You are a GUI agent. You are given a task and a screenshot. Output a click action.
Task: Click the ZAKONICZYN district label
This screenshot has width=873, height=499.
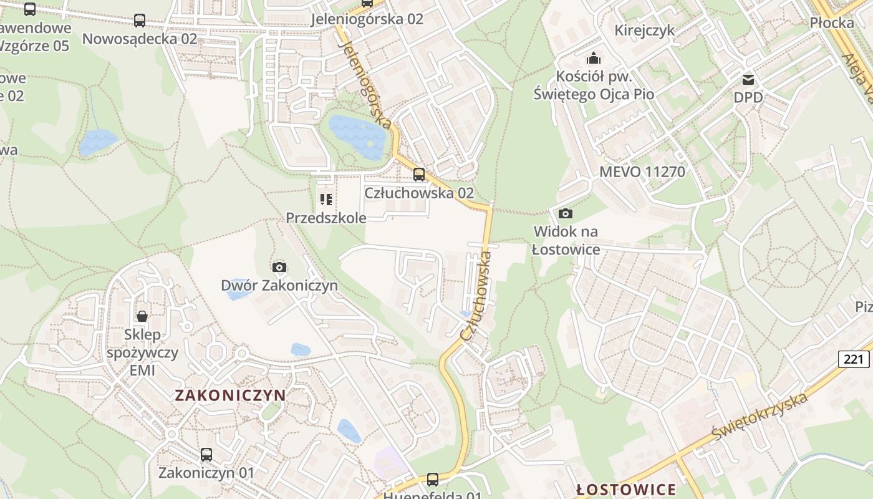(230, 395)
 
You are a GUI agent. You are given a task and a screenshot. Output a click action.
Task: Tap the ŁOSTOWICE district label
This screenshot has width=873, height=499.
(626, 490)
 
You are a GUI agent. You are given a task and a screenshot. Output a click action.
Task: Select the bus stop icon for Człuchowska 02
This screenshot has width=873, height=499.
(419, 174)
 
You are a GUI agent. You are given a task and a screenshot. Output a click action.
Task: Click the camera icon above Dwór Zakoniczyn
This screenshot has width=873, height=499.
(279, 267)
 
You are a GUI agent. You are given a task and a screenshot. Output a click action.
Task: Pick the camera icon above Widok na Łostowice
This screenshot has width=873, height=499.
(566, 213)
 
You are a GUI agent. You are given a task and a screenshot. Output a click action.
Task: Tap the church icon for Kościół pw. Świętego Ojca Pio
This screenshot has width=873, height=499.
(594, 59)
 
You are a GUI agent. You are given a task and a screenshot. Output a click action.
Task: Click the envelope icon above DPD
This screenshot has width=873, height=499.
(748, 79)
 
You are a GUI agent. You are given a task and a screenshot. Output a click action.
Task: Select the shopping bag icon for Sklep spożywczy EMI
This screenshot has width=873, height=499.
(142, 316)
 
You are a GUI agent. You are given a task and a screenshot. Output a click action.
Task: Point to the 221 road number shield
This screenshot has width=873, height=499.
(853, 359)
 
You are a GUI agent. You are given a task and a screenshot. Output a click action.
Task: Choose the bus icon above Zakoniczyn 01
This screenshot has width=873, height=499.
(206, 455)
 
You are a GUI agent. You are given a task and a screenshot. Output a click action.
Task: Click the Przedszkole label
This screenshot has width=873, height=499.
(326, 218)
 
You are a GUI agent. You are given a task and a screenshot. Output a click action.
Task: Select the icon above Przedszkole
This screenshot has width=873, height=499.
(326, 200)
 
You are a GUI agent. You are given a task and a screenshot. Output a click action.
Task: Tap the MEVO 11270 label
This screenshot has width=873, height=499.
(642, 172)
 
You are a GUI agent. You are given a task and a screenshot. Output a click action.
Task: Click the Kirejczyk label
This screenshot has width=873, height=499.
(645, 30)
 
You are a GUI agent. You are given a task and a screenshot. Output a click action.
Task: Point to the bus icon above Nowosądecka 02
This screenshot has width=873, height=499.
(140, 21)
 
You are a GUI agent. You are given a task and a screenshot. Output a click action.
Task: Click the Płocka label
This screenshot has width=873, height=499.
(832, 23)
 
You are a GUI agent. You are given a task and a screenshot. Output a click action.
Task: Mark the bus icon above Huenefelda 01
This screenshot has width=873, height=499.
(433, 479)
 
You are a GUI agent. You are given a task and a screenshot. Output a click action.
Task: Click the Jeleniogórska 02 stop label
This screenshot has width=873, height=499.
(367, 19)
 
